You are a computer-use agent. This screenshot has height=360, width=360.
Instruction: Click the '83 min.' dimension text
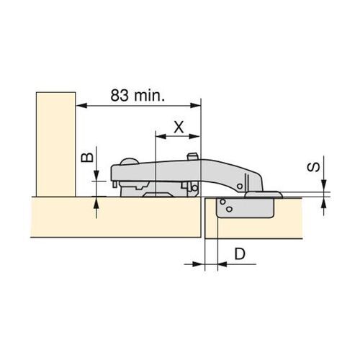pos(138,95)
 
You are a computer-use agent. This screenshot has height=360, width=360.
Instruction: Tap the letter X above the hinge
pos(179,127)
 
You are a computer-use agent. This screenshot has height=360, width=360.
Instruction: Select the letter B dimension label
pos(87,157)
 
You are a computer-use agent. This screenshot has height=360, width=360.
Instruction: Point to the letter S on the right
pos(313,167)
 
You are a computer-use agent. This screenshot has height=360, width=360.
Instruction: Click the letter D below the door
pos(240,253)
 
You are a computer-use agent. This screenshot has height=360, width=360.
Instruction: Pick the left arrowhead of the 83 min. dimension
pos(81,105)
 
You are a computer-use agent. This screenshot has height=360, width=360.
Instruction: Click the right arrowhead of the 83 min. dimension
pos(195,105)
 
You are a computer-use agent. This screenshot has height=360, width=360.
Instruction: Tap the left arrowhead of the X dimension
pos(161,136)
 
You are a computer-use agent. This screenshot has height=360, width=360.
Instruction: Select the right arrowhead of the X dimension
pos(194,136)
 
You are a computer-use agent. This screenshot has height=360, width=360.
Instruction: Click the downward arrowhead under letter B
pos(96,175)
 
